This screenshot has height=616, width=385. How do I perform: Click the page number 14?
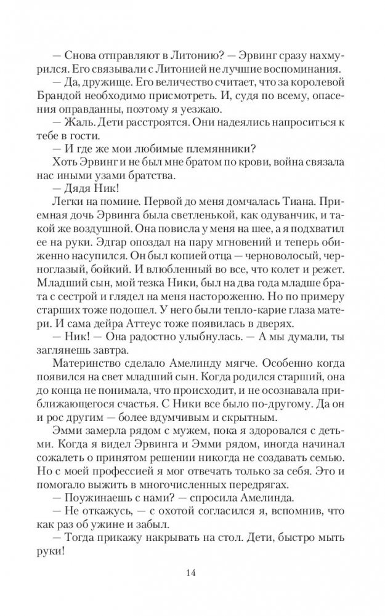pos(193,574)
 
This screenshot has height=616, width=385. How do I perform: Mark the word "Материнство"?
pos(94,372)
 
